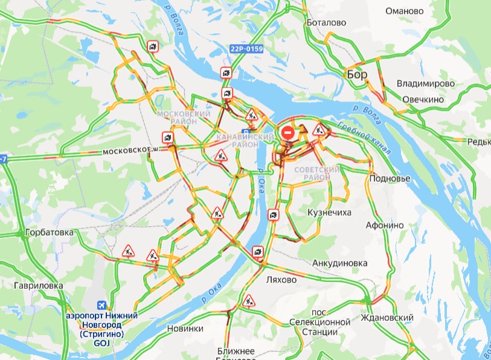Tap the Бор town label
(x=357, y=74)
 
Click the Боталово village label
(x=326, y=22)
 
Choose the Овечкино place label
(x=423, y=99)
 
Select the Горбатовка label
(x=49, y=232)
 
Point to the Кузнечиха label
(x=329, y=213)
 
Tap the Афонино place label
(x=385, y=225)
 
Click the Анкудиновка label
(x=340, y=263)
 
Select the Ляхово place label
(x=281, y=280)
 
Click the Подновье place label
(x=390, y=179)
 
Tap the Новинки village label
(x=185, y=329)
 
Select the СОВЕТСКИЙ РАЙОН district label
(x=317, y=173)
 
